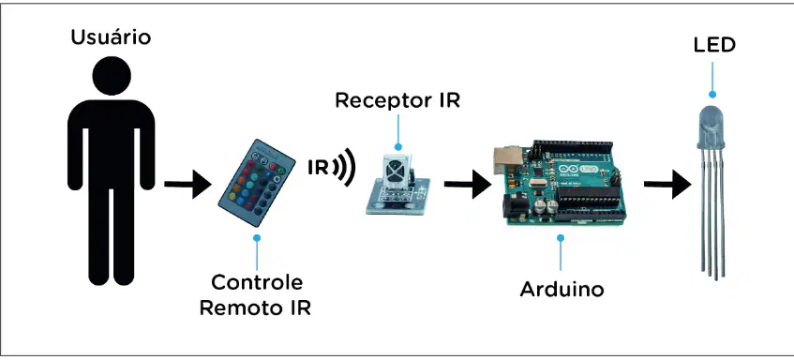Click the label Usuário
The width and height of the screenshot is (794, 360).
111,37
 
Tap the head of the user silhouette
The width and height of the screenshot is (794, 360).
112,76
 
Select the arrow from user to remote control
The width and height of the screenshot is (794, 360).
187,184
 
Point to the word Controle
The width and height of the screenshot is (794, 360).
257,282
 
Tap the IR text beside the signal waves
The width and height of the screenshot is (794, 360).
318,167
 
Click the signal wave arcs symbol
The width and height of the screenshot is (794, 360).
344,167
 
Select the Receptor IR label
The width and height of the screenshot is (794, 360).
397,100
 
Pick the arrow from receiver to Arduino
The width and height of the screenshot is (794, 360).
468,184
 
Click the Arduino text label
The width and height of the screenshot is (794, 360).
562,289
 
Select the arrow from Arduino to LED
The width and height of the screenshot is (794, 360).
667,184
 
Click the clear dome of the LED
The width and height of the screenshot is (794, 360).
712,127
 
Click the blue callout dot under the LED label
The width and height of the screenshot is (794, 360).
712,94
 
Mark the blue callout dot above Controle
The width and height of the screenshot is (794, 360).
257,237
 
